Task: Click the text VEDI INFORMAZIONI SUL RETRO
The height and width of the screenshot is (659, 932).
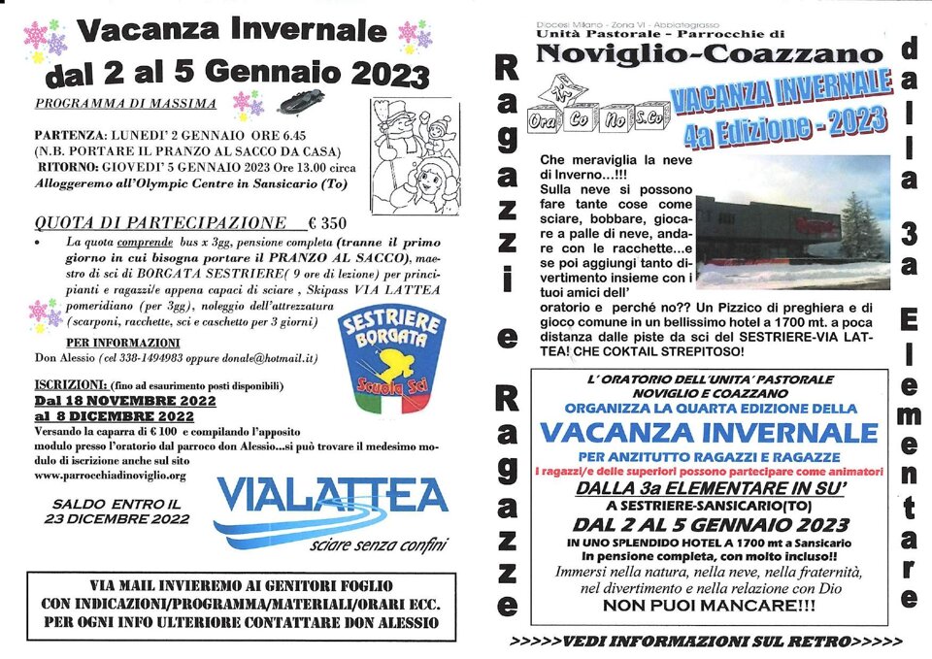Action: pyautogui.click(x=706, y=642)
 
